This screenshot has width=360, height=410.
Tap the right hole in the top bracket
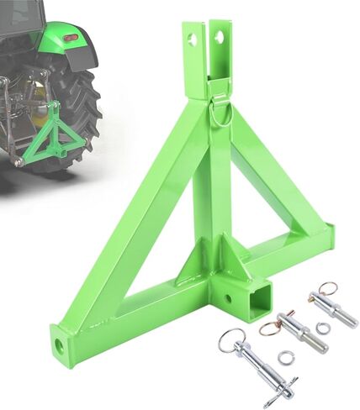pos(220,38)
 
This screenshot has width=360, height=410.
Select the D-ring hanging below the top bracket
pos(221,114)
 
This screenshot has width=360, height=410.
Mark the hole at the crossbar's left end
pos(60,345)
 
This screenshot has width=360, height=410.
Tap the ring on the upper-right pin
pos(328,288)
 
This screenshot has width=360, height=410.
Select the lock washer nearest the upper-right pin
pos(323,328)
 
